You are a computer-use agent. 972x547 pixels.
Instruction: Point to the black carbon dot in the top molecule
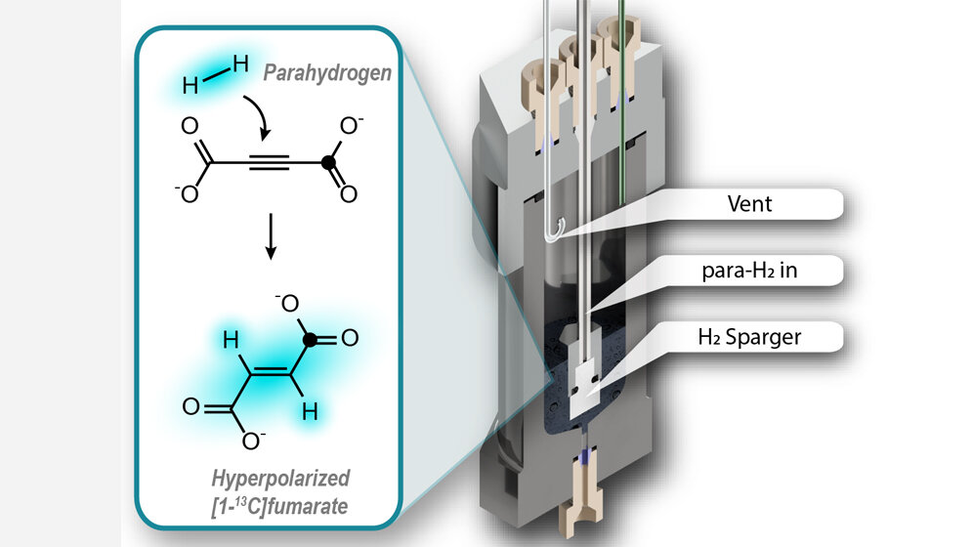(329, 160)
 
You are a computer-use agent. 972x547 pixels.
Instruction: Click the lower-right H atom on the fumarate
(308, 413)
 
